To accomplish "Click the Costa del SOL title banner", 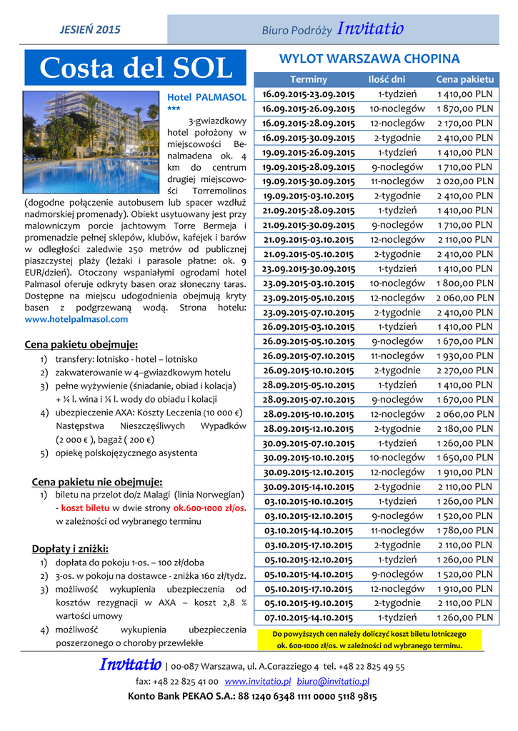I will point(136,68).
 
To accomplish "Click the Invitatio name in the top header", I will point(370,29).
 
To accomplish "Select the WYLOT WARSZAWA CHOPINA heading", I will point(369,59).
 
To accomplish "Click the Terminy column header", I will point(309,79).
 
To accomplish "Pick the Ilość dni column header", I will point(386,79).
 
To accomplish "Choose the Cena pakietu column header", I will point(464,79).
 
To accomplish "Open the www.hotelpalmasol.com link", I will point(76,319).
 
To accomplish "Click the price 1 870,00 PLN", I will point(465,109).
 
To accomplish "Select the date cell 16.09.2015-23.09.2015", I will point(308,94).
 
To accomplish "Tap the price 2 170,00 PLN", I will point(465,123).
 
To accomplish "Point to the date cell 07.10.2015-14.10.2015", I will point(308,617).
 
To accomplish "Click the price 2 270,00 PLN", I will point(465,370).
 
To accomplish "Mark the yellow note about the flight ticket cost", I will point(369,640).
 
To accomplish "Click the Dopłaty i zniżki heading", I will point(70,548).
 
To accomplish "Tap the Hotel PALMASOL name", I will point(206,96).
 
